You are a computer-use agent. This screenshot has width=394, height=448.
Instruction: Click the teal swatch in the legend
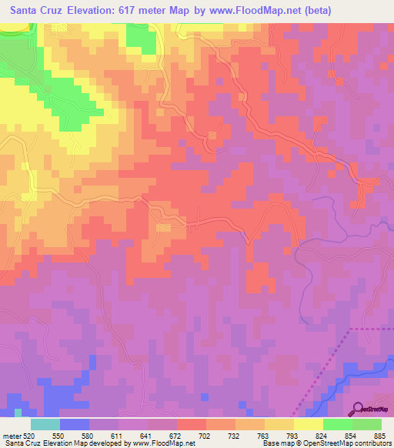pyautogui.click(x=45, y=424)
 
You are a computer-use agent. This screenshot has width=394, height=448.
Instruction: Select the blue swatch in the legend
pyautogui.click(x=74, y=424)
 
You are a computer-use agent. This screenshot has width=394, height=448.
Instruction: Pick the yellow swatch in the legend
pyautogui.click(x=308, y=424)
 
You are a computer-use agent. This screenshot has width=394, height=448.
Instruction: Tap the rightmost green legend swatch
pyautogui.click(x=366, y=424)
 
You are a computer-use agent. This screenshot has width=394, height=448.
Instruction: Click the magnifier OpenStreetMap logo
pyautogui.click(x=359, y=410)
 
